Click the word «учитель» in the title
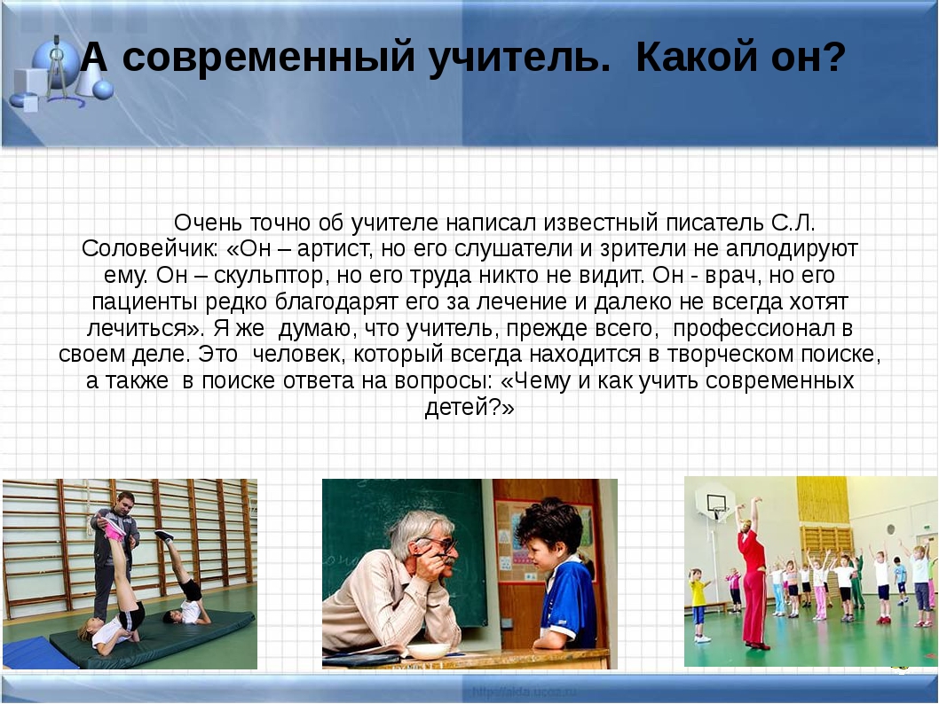point(520,59)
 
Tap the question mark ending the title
point(833,57)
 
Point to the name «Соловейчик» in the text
point(150,248)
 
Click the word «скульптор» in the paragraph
point(268,275)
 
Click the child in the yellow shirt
point(698,605)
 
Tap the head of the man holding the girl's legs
point(126,500)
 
